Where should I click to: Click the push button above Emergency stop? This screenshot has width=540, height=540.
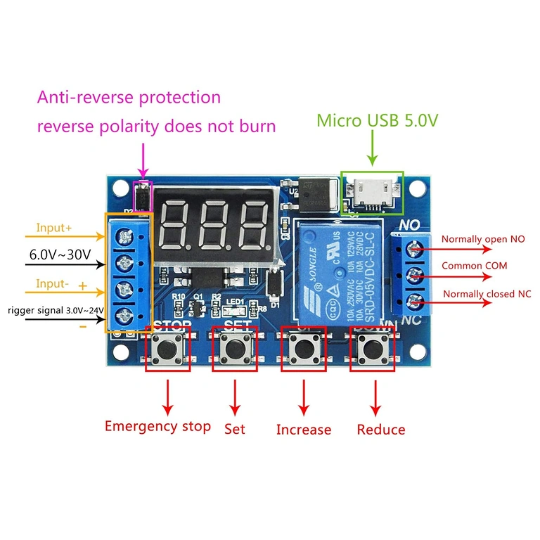click(167, 349)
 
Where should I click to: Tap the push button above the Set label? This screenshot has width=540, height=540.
click(236, 349)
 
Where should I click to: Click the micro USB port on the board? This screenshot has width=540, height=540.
click(372, 191)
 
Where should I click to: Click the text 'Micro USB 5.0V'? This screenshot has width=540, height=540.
click(378, 120)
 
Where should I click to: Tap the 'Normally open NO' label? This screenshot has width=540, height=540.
click(482, 240)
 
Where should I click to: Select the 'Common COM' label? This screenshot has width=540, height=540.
click(474, 266)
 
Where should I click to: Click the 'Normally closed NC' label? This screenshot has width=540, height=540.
click(487, 293)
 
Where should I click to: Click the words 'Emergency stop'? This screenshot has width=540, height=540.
click(157, 426)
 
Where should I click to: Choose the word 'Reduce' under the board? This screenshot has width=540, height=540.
click(381, 430)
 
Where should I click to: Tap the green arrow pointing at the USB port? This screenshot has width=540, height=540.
click(372, 150)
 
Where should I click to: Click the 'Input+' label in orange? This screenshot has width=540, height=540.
click(55, 229)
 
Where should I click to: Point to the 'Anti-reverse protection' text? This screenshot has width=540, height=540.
click(129, 97)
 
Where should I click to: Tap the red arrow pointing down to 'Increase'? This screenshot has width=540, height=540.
click(304, 399)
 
